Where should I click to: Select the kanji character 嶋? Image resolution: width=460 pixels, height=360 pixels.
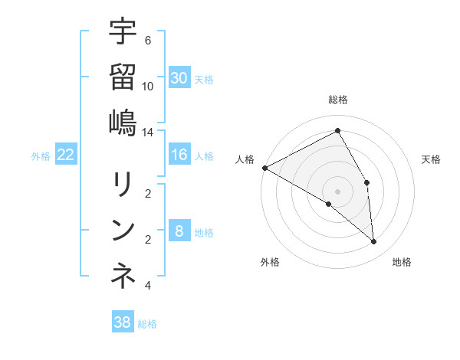click(123, 123)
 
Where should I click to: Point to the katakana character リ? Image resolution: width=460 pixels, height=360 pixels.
click(123, 185)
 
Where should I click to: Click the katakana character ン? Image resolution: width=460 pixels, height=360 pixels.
click(123, 230)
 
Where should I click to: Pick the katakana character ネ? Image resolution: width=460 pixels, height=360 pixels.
click(123, 277)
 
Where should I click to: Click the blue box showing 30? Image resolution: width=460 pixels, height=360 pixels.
click(179, 77)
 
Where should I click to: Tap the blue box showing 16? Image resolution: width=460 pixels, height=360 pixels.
click(179, 155)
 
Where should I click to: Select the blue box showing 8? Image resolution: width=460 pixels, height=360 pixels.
click(179, 231)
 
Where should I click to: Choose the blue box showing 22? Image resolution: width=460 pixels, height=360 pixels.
click(66, 155)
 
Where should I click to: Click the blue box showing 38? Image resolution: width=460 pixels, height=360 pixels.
click(122, 322)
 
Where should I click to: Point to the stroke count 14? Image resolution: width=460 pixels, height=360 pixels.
click(148, 133)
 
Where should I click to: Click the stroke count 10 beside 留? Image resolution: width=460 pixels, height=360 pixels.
click(148, 86)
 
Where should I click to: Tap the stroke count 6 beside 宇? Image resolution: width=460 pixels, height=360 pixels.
click(147, 40)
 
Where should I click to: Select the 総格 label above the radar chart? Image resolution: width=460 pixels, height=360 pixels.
click(338, 100)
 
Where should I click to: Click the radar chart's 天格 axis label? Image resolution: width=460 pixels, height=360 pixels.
click(431, 159)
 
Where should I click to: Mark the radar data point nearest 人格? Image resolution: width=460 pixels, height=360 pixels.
click(264, 168)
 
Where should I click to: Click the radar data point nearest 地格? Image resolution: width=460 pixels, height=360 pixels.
click(373, 242)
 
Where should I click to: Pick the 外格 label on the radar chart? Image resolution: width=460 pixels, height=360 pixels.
click(270, 262)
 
